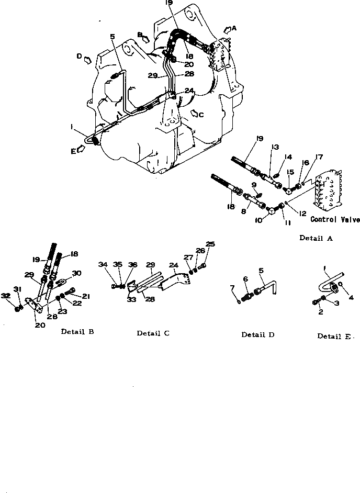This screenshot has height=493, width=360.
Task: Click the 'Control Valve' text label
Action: (x=335, y=219)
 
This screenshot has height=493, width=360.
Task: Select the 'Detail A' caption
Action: (x=316, y=238)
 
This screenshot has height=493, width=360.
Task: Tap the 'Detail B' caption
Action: (x=77, y=331)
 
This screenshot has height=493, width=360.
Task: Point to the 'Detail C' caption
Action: (x=153, y=333)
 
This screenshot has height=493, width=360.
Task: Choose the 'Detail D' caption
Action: (x=257, y=334)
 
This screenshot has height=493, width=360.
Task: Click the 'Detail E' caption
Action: (x=335, y=336)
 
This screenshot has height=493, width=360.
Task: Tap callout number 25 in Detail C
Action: (x=210, y=244)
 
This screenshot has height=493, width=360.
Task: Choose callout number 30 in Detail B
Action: (x=77, y=273)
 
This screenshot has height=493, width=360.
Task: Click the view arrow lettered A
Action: (x=230, y=29)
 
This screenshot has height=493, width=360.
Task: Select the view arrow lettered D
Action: (x=87, y=58)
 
